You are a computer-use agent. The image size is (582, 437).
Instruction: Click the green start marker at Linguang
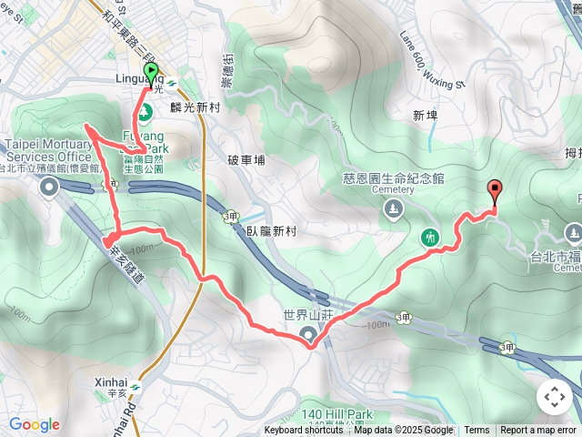(150, 72)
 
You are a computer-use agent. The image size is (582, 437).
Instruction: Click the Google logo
(35, 424)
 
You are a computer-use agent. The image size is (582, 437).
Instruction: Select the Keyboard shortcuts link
(304, 431)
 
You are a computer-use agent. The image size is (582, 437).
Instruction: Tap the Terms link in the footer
(477, 431)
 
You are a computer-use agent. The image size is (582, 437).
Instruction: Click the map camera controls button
(554, 397)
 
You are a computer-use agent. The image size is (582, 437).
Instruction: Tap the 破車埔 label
(246, 160)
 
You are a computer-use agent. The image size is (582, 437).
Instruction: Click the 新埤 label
(425, 116)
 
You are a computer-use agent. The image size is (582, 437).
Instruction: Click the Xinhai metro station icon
(135, 387)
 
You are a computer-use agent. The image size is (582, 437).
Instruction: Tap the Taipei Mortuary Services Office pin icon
(49, 187)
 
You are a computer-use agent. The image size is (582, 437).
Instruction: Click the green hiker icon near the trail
(431, 238)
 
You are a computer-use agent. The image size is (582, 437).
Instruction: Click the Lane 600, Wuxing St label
(432, 61)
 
